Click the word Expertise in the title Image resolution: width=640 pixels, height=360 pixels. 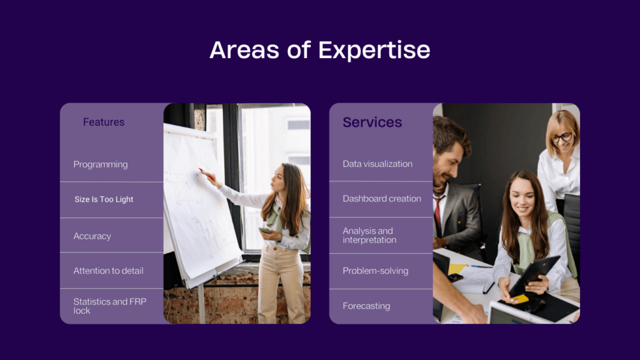(374, 51)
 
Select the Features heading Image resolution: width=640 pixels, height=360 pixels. (104, 122)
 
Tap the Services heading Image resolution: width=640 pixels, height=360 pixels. (372, 122)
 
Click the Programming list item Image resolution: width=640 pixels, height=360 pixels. (101, 164)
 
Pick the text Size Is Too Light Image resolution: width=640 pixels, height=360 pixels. (104, 199)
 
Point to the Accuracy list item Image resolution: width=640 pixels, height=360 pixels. (92, 236)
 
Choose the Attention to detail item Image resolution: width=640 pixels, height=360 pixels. (108, 271)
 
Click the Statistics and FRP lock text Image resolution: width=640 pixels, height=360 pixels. (110, 306)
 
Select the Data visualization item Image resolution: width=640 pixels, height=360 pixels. (377, 164)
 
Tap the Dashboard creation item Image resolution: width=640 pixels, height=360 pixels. (382, 198)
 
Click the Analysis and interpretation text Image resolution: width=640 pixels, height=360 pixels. (369, 236)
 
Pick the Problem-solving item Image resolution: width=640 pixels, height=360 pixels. (376, 271)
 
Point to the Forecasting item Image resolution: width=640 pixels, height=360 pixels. (366, 306)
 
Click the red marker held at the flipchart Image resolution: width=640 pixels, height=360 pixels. (206, 174)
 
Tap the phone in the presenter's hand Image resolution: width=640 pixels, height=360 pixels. (265, 231)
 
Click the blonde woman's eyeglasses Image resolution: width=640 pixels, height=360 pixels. (562, 137)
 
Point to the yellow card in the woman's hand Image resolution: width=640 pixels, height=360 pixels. (520, 299)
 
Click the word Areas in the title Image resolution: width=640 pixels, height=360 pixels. (244, 50)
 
